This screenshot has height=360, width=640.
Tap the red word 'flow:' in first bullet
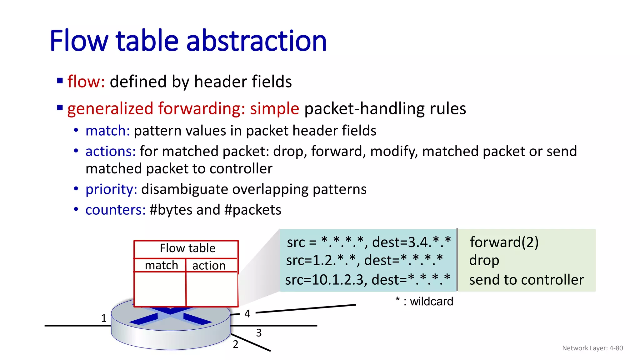[x=86, y=82]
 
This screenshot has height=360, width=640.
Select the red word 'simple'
[x=274, y=109]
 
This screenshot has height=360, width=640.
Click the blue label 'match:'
[x=107, y=131]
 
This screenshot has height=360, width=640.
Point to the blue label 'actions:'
[x=110, y=152]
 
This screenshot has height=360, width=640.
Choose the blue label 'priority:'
[x=111, y=189]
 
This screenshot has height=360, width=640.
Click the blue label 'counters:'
[x=115, y=210]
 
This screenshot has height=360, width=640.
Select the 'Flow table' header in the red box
[x=187, y=248]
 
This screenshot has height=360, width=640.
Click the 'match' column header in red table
[x=161, y=265]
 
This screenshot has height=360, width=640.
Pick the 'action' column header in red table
[x=209, y=266]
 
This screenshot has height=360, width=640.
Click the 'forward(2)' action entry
[x=504, y=242]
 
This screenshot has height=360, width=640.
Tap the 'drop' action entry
[x=484, y=260]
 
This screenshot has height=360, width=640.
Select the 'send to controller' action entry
[x=526, y=280]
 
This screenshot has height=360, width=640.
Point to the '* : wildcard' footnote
[x=424, y=302]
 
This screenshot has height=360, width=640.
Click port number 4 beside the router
[x=247, y=313]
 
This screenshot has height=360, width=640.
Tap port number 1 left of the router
[x=104, y=318]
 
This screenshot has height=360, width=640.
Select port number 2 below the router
[x=235, y=344]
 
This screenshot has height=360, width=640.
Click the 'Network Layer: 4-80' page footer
[x=592, y=348]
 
